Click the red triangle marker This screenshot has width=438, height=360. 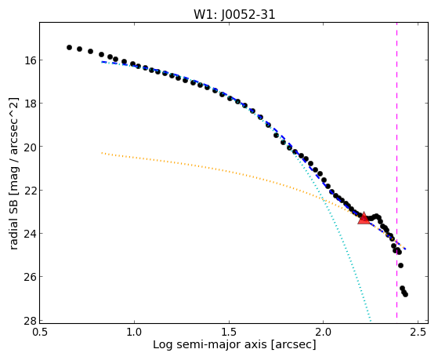(364, 218)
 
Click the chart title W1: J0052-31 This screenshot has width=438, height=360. (234, 15)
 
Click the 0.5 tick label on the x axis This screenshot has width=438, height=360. (40, 332)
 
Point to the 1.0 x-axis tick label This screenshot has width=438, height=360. (134, 332)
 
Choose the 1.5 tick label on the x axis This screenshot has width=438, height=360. (229, 332)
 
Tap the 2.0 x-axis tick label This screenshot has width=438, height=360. (323, 332)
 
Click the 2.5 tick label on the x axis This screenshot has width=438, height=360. (418, 332)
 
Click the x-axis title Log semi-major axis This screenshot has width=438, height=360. (210, 345)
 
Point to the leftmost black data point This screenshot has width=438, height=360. (69, 47)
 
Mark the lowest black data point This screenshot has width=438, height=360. (405, 294)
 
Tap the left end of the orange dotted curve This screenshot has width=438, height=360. (102, 153)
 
